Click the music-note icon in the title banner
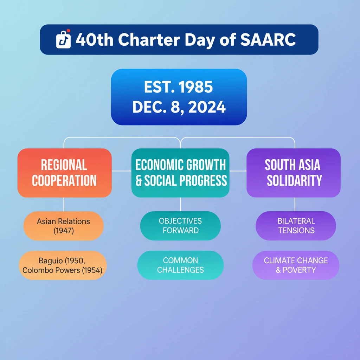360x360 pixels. (63, 39)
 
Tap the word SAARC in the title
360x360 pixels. (268, 39)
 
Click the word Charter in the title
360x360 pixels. (149, 39)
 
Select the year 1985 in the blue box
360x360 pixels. (195, 87)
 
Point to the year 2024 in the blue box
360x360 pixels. (207, 107)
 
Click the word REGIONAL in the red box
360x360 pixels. (64, 165)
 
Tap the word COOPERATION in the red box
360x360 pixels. (64, 180)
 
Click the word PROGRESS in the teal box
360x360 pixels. (203, 180)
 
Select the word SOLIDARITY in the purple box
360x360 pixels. (294, 180)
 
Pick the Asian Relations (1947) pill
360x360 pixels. (64, 226)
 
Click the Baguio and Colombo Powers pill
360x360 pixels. (63, 265)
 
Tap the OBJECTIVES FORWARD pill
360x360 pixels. (180, 226)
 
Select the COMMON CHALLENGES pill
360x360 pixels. (180, 265)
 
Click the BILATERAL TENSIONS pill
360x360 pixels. (296, 226)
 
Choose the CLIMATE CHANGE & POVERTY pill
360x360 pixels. (296, 265)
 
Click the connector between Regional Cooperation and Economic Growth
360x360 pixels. (121, 171)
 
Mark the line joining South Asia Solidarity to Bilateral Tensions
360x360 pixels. (295, 204)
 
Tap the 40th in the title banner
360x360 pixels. (95, 39)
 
